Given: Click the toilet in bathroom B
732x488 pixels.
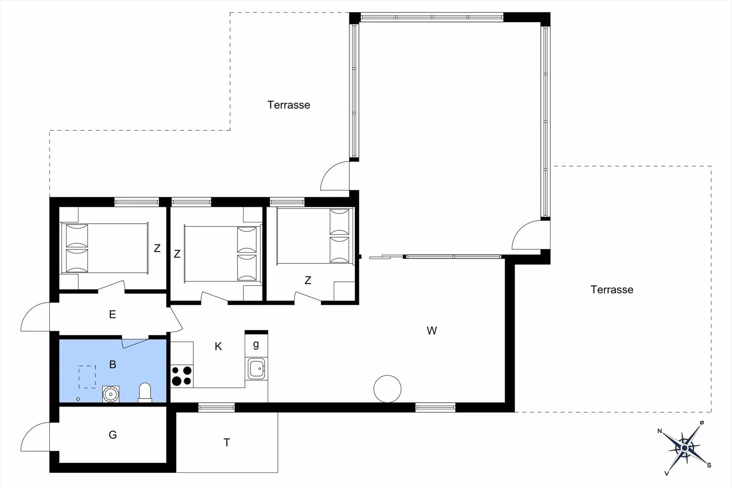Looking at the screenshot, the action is pyautogui.click(x=145, y=393).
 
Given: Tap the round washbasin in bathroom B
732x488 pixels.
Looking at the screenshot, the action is pyautogui.click(x=111, y=394).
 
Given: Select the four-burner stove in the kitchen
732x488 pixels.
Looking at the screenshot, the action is pyautogui.click(x=182, y=376).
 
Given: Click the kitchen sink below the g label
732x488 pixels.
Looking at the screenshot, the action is pyautogui.click(x=256, y=369).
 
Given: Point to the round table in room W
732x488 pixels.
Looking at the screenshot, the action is pyautogui.click(x=387, y=389).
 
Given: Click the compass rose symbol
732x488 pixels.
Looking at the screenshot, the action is pyautogui.click(x=685, y=448).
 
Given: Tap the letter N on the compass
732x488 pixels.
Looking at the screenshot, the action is pyautogui.click(x=660, y=431).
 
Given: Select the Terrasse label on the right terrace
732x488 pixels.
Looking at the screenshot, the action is pyautogui.click(x=612, y=290).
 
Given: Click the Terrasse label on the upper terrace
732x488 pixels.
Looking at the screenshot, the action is pyautogui.click(x=289, y=105).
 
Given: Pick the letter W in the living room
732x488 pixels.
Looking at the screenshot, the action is pyautogui.click(x=432, y=331).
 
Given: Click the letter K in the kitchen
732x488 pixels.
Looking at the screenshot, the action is pyautogui.click(x=218, y=346).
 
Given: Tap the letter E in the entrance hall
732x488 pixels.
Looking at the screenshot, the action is pyautogui.click(x=112, y=314).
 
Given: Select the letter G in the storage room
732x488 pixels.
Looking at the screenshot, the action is pyautogui.click(x=113, y=435).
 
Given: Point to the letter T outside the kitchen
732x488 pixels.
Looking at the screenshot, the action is pyautogui.click(x=227, y=442).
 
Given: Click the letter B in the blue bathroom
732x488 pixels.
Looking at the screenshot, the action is pyautogui.click(x=112, y=364).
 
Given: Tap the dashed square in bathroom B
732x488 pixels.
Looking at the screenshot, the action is pyautogui.click(x=87, y=377).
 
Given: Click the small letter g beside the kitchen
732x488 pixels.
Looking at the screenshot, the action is pyautogui.click(x=256, y=345).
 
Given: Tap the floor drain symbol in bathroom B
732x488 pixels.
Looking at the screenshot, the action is pyautogui.click(x=78, y=399).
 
